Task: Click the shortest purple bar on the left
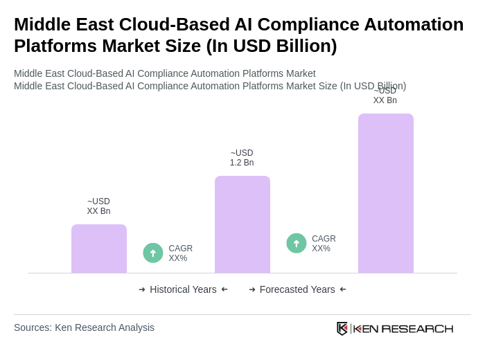point(99,249)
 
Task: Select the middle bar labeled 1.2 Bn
point(242,224)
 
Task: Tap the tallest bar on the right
point(385,193)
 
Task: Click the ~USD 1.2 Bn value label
point(242,158)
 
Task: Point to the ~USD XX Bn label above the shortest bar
point(98,206)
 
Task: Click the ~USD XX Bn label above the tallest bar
point(385,96)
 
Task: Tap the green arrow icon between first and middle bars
point(153,253)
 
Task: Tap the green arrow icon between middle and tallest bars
point(297,243)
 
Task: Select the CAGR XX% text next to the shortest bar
point(180,253)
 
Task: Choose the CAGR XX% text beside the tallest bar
point(324,244)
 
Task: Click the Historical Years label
point(183,289)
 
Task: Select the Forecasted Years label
point(297,289)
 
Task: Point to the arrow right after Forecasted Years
point(343,289)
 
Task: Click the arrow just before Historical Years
point(142,289)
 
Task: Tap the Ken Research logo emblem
point(342,328)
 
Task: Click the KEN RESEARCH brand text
point(403,328)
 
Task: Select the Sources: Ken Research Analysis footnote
point(84,327)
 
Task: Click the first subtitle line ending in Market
point(164,73)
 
